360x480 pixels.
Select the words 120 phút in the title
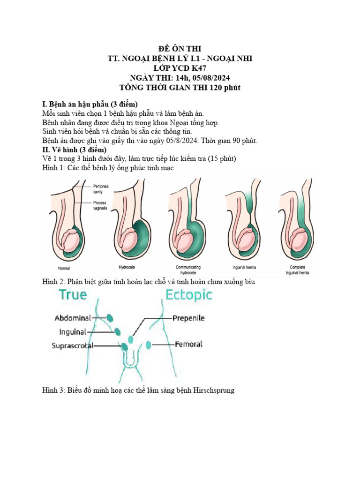pos(226,87)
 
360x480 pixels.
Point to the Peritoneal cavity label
pos(102,189)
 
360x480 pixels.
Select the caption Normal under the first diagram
pos(64,269)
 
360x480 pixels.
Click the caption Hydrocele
pos(127,268)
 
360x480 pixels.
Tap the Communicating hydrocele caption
pos(188,269)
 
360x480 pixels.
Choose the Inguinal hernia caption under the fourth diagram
pos(244,268)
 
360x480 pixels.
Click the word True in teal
pos(73,295)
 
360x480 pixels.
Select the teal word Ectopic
pos(189,295)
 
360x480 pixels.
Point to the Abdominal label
pos(73,318)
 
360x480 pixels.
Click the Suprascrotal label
pos(73,346)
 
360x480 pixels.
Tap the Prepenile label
pos(188,318)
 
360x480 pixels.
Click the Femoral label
pos(188,344)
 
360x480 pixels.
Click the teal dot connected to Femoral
pos(149,345)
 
